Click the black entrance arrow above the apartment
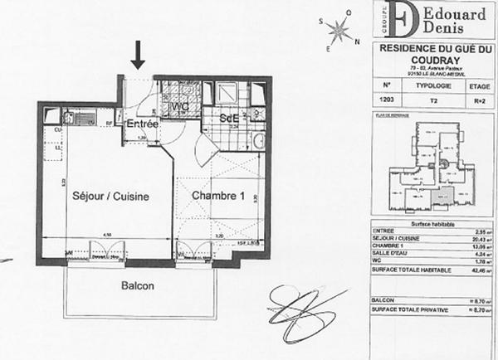[x=138, y=56]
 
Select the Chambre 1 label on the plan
[x=218, y=196]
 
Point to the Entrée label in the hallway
[x=142, y=123]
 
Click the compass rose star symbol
[x=339, y=32]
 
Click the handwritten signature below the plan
[x=300, y=310]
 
